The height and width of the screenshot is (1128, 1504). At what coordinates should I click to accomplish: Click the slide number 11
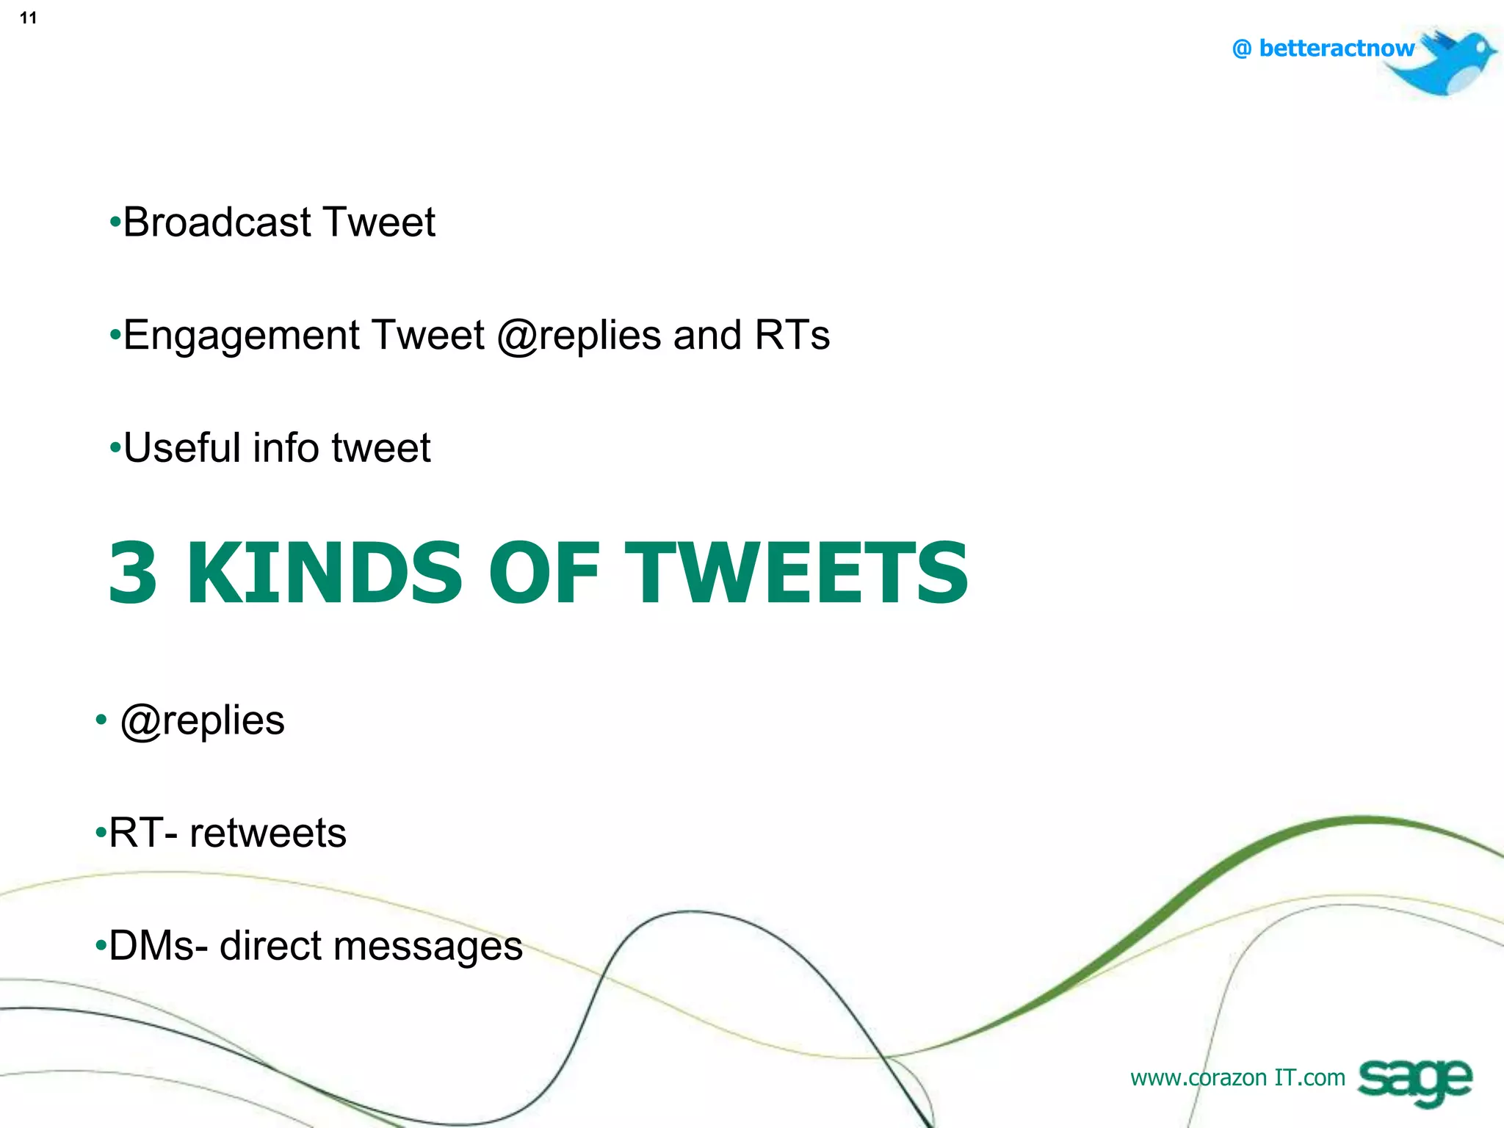[x=28, y=18]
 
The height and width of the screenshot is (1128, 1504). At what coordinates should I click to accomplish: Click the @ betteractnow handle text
[x=1323, y=48]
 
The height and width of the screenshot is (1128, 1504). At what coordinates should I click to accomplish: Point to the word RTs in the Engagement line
[x=792, y=335]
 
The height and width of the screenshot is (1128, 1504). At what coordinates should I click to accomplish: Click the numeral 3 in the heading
[x=133, y=573]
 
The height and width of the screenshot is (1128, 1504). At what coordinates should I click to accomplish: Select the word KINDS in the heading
[x=325, y=573]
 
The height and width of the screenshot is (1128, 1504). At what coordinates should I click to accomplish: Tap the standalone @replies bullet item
[x=202, y=721]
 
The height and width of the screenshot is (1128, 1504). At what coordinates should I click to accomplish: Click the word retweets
[x=267, y=833]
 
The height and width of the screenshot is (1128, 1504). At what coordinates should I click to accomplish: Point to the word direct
[x=271, y=945]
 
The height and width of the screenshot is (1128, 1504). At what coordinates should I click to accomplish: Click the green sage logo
[x=1414, y=1081]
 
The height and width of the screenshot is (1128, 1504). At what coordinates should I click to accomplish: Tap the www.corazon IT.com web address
[x=1237, y=1077]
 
